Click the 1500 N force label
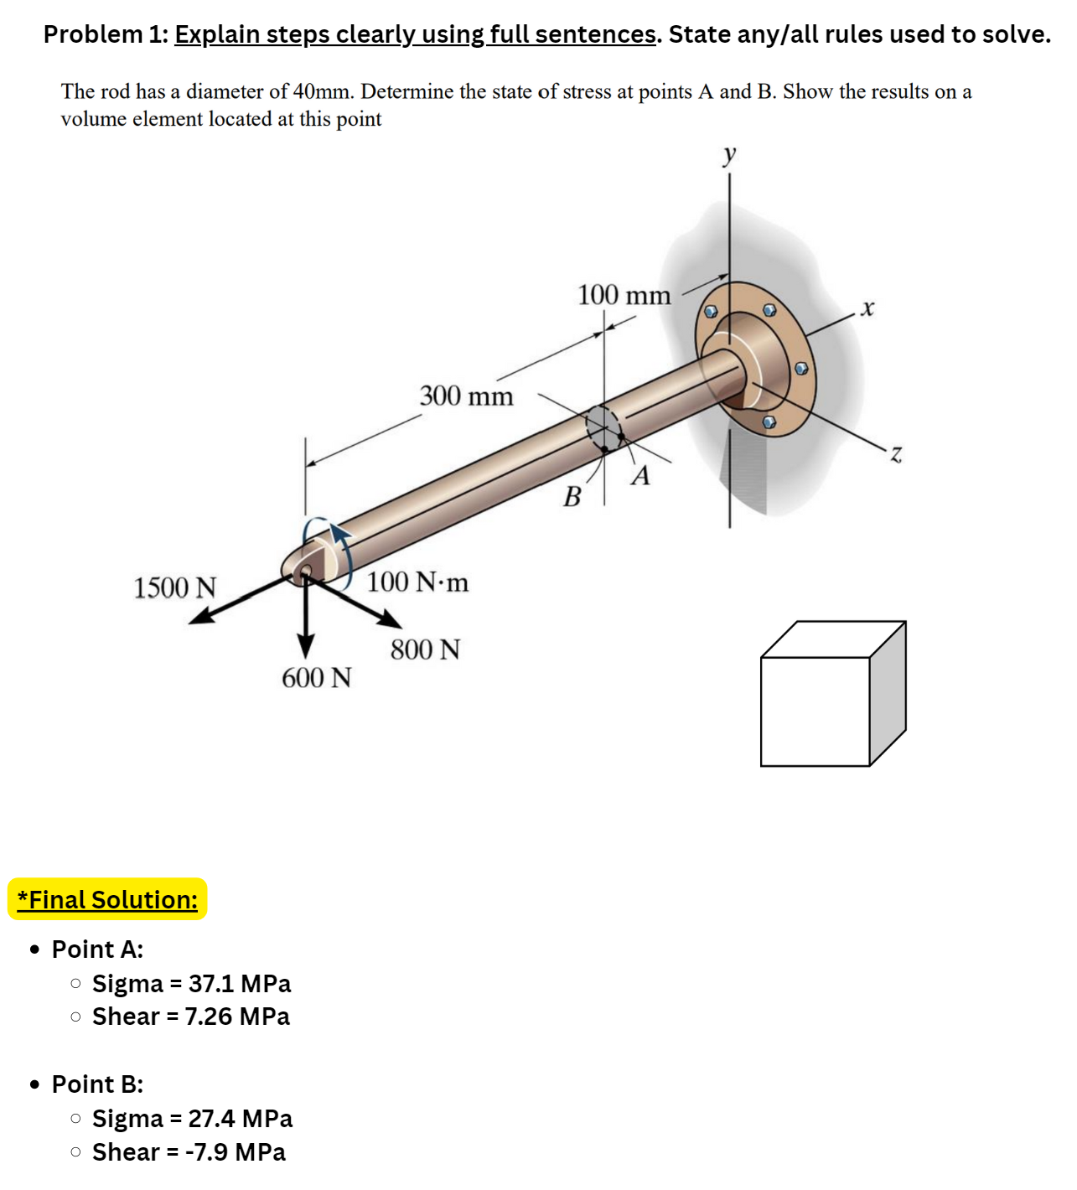coord(175,587)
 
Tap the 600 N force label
coord(316,677)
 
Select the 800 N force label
coord(425,649)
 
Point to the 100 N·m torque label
coord(417,582)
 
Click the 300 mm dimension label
coord(466,396)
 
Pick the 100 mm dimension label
coord(624,295)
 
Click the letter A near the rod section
coord(641,476)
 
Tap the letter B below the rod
coord(572,497)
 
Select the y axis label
coord(729,154)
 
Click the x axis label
coord(867,308)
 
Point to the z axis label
coord(896,455)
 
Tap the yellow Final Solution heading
coord(107,899)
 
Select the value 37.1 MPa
coord(240,983)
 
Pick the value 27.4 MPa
coord(241,1119)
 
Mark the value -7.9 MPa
coord(236,1152)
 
